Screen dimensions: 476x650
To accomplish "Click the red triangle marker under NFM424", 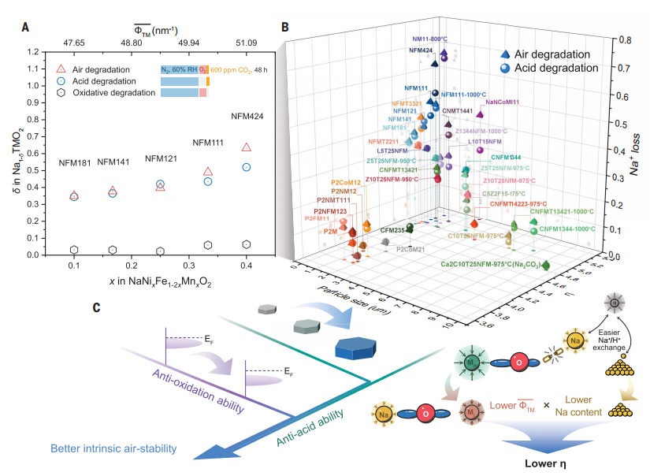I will (x=247, y=147).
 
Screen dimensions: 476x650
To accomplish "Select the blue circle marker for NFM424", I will (x=247, y=167).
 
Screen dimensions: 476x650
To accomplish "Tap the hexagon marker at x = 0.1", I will (x=74, y=250).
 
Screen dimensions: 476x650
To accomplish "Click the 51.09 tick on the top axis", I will (x=247, y=42).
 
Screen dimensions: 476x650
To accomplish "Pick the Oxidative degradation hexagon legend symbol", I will (x=61, y=93).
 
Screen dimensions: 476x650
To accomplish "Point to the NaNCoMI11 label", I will (x=503, y=102).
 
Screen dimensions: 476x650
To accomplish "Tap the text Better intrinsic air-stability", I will (x=113, y=449).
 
